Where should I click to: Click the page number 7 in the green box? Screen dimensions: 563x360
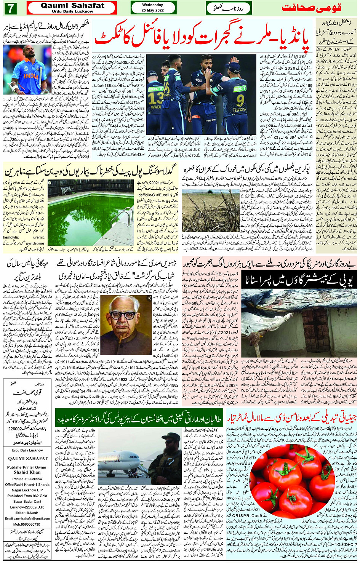click(10, 8)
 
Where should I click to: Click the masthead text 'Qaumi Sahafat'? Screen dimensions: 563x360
click(72, 6)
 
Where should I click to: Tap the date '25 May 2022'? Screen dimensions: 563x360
click(152, 10)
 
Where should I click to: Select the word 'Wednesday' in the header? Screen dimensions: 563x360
click(152, 5)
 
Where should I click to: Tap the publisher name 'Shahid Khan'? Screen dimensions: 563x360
click(27, 472)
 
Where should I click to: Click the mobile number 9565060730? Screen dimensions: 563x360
click(27, 525)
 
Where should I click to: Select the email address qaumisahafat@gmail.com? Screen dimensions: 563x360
click(27, 519)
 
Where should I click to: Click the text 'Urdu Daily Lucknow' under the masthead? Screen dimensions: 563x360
click(72, 11)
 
